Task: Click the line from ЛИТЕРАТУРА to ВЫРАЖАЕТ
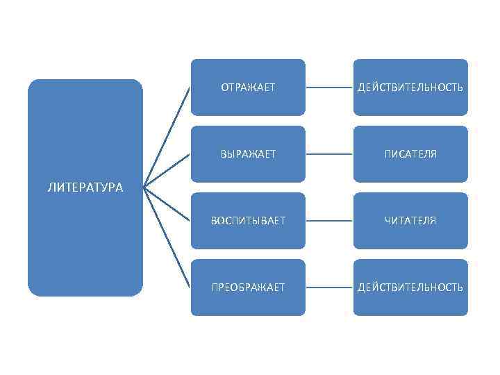click(167, 171)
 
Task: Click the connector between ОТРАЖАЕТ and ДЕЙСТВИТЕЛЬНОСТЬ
click(329, 87)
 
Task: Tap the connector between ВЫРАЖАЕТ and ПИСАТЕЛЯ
click(329, 154)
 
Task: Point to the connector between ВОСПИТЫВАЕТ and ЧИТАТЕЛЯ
click(329, 221)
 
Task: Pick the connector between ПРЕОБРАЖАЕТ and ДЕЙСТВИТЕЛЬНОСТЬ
click(329, 287)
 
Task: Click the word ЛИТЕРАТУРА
click(85, 187)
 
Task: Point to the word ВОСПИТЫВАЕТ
click(248, 221)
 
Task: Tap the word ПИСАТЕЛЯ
click(410, 154)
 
